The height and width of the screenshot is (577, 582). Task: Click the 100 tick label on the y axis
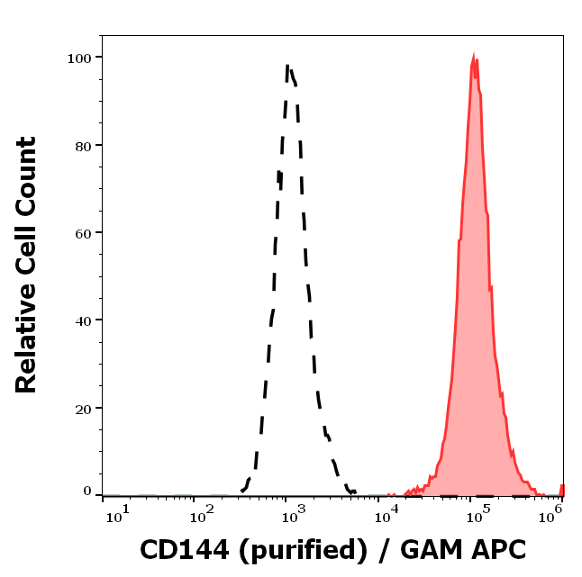[81, 58]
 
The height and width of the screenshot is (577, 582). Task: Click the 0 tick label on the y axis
[88, 491]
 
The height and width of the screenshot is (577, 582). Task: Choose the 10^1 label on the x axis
[116, 513]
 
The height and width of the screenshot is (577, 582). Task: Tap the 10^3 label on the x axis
[295, 513]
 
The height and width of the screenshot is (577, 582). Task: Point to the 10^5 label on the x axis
[478, 513]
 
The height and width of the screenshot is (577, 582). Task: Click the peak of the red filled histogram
[474, 56]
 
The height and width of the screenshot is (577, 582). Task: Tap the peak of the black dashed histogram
[287, 65]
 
